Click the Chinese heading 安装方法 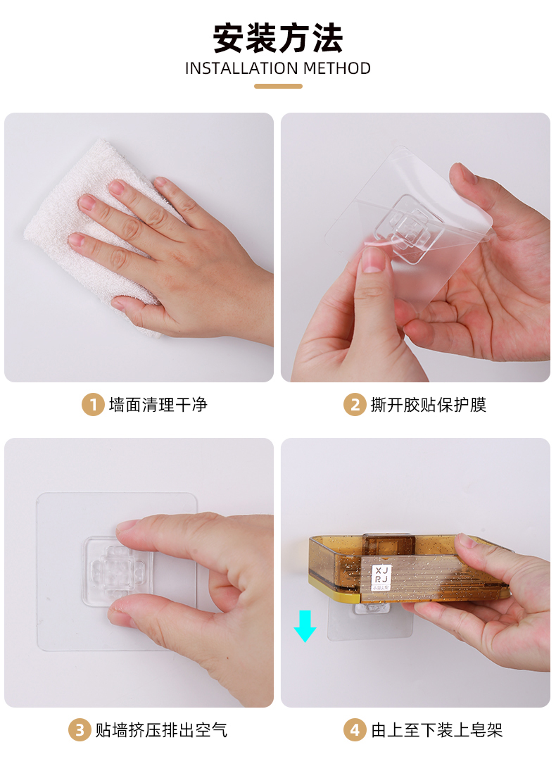point(278,38)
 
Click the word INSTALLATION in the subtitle point(242,68)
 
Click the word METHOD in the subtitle point(337,68)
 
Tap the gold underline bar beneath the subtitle point(278,86)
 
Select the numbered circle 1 point(93,405)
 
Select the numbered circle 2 point(355,405)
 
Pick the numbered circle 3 point(80,730)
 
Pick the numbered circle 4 point(355,730)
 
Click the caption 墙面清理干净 point(158,405)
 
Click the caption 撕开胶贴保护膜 point(428,405)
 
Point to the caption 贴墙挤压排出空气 point(161,730)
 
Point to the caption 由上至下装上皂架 point(437,730)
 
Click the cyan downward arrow point(305,627)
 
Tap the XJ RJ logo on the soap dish point(381,577)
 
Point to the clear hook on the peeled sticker point(409,227)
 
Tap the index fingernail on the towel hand point(87,202)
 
